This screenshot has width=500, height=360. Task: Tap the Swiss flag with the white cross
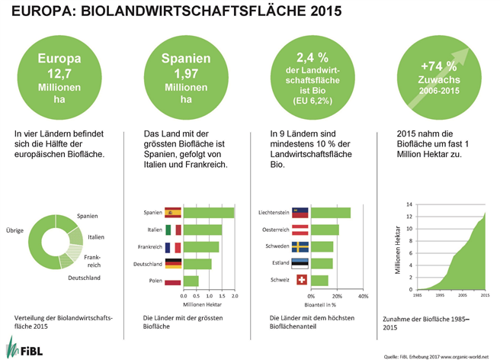(x=300, y=281)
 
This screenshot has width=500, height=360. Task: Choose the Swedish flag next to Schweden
(x=300, y=246)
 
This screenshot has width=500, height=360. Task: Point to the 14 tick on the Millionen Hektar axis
(x=409, y=205)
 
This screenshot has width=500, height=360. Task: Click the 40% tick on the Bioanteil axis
(x=362, y=296)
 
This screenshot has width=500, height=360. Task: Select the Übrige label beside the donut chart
(x=16, y=230)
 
